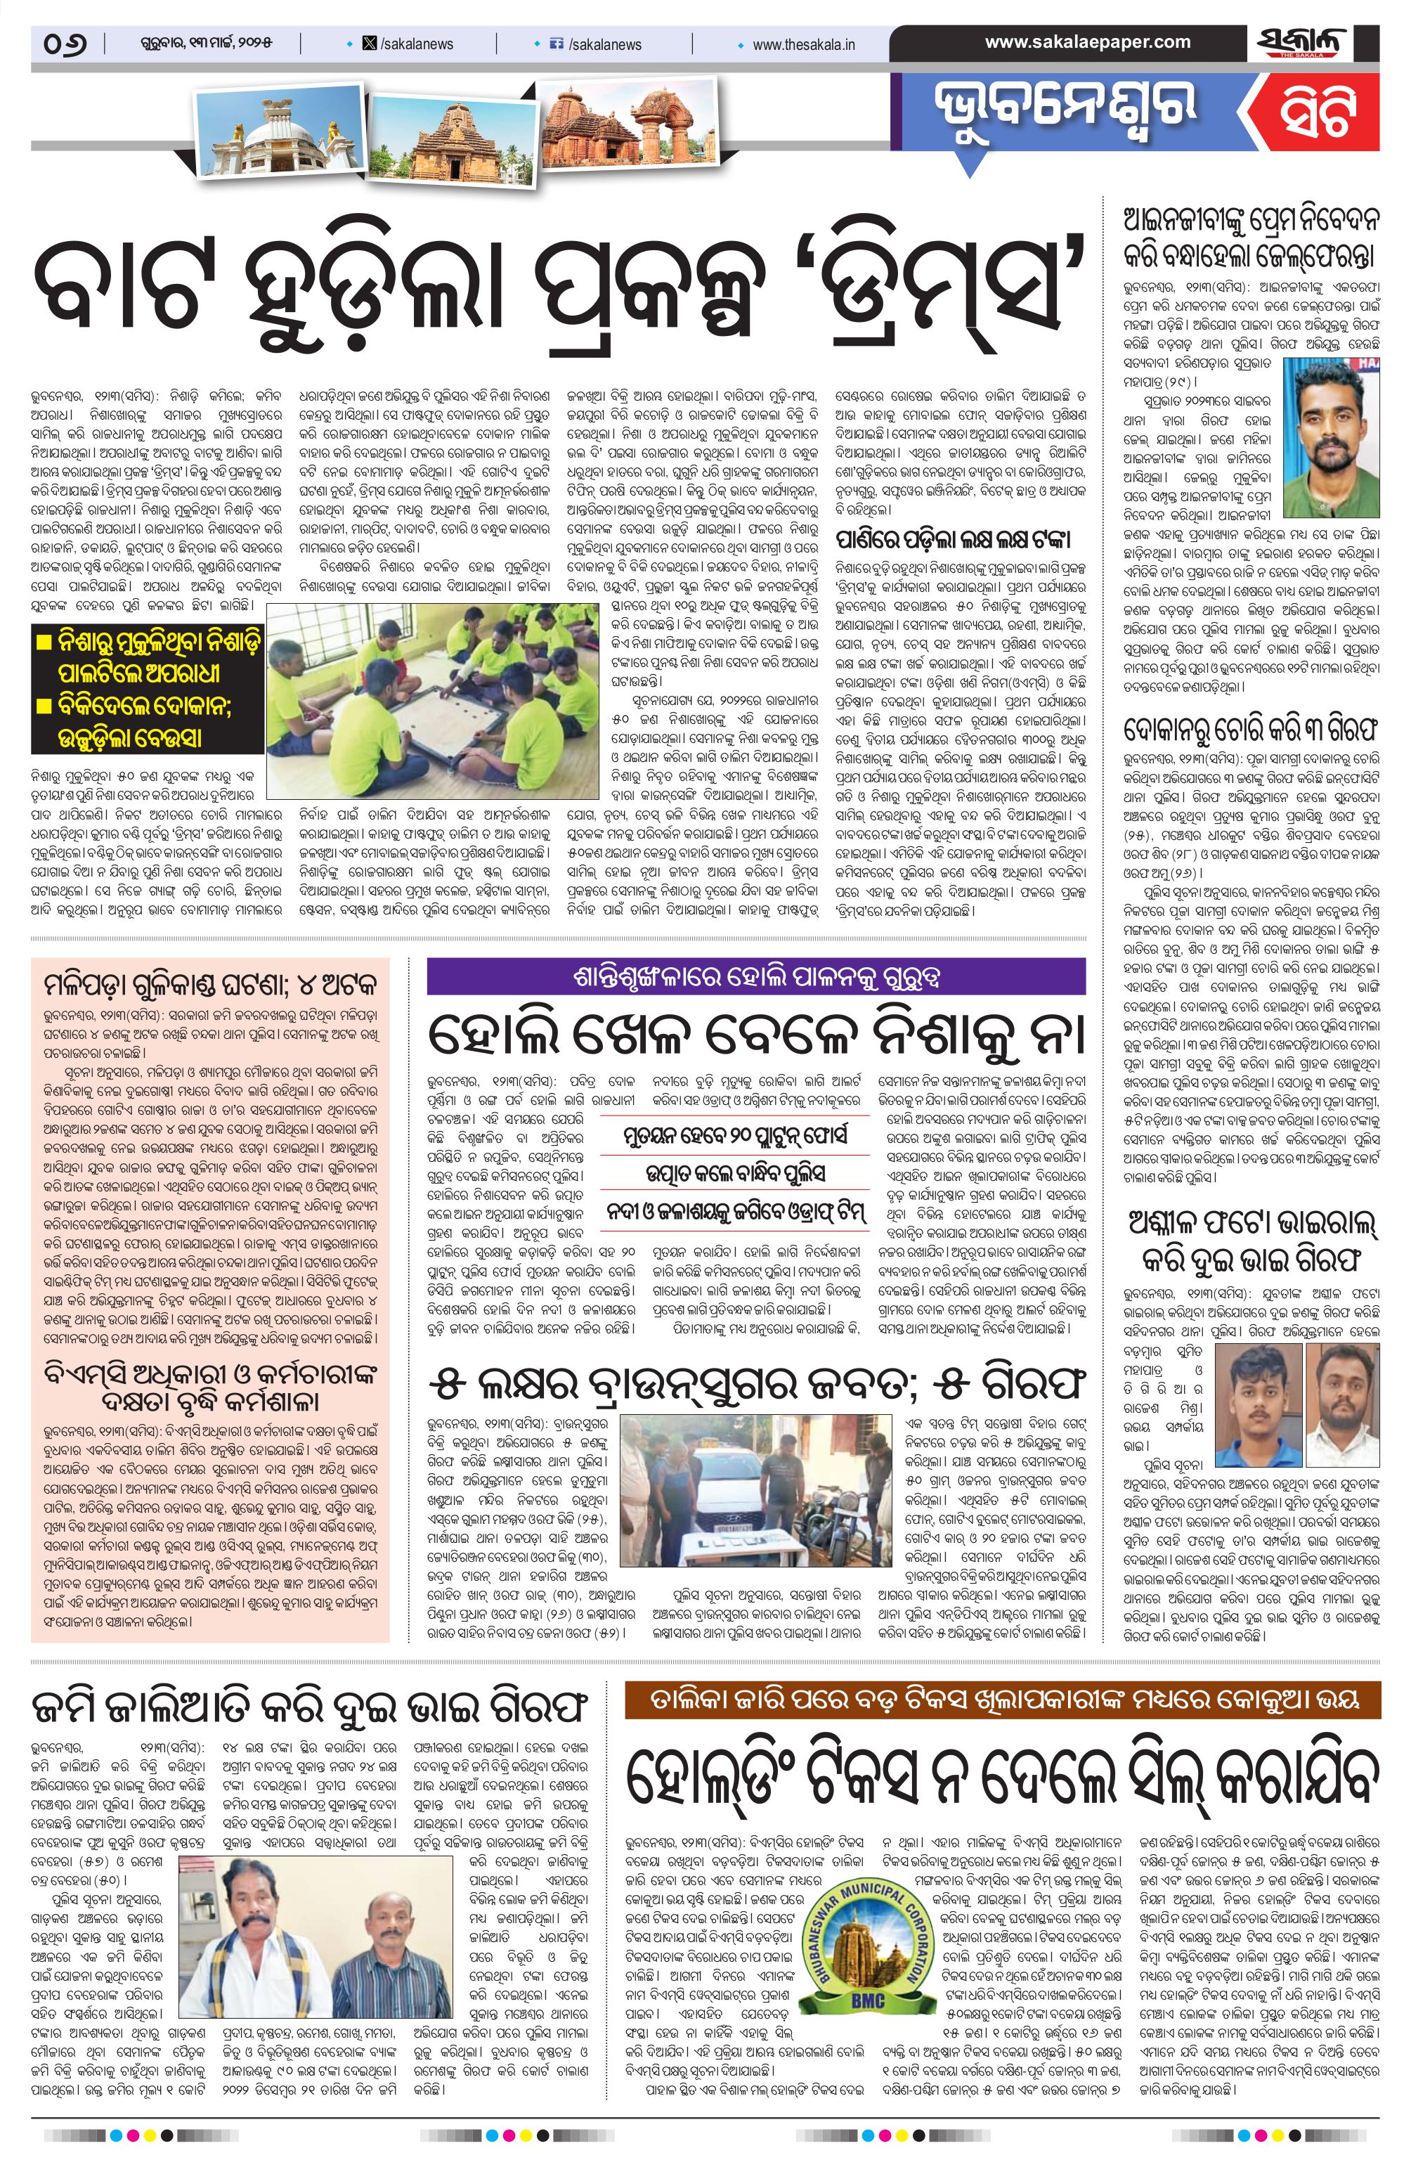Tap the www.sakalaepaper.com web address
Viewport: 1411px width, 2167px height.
point(1087,42)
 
